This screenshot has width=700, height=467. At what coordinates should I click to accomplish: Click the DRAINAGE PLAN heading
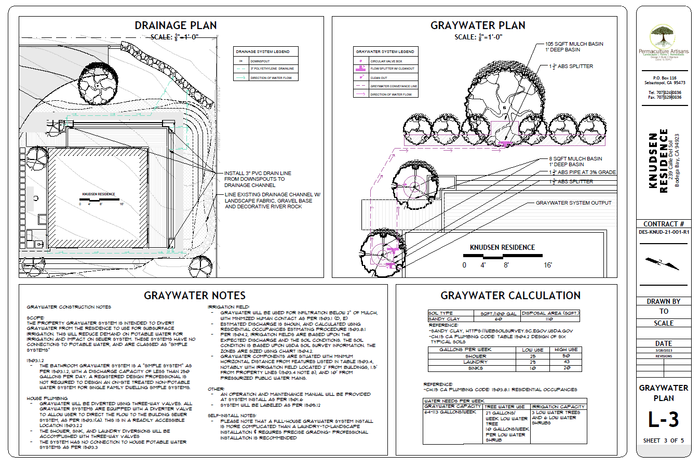(176, 25)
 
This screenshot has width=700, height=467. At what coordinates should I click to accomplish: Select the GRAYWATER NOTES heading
(195, 296)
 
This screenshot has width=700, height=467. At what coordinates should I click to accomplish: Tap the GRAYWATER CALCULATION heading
(510, 296)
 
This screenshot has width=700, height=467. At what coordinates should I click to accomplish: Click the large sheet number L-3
(664, 420)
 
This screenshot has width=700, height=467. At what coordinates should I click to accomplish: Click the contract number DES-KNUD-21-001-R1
(664, 232)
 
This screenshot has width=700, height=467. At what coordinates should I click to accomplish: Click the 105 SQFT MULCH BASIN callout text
(574, 44)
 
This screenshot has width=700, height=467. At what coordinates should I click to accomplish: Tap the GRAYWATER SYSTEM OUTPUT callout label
(573, 203)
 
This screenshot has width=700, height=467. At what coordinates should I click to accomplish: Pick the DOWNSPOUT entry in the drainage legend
(260, 61)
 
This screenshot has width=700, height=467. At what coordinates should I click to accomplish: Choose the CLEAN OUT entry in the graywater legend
(379, 78)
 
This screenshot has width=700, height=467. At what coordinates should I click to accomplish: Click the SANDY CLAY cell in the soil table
(444, 319)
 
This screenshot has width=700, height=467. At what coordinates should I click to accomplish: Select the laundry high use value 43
(566, 362)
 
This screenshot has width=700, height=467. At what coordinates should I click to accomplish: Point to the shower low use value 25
(533, 356)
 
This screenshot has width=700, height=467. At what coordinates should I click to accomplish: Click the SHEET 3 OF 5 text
(664, 441)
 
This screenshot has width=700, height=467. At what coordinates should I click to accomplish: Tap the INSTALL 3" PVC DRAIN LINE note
(258, 174)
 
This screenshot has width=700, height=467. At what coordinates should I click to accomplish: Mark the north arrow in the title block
(663, 263)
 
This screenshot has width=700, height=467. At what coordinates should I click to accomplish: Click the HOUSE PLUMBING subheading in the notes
(47, 398)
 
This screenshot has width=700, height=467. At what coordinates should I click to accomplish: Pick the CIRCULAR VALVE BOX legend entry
(386, 61)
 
